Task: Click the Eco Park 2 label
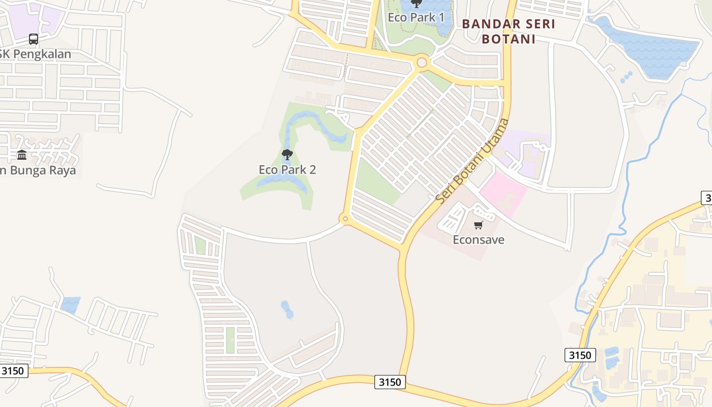tap(287, 169)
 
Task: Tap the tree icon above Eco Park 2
tap(287, 154)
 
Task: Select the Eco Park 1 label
tap(416, 17)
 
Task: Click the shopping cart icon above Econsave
tap(478, 225)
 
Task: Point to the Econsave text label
tap(478, 239)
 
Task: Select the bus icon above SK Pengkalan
tap(34, 39)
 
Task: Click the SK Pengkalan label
tap(36, 54)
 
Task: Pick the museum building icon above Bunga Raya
tap(22, 154)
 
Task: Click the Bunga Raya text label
tap(38, 170)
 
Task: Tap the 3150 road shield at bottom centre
tap(390, 382)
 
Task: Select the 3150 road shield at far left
tap(13, 370)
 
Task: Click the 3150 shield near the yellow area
tap(580, 355)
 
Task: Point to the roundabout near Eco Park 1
tap(422, 63)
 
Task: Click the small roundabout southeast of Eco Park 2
tap(345, 219)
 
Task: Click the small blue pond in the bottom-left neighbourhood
tap(71, 304)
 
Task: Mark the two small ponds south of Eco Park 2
tap(287, 309)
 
